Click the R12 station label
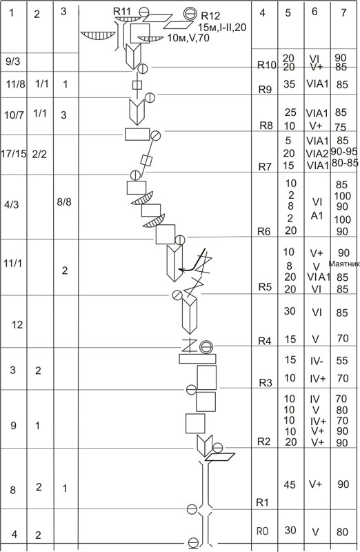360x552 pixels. coord(210,15)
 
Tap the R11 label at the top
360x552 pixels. coord(122,11)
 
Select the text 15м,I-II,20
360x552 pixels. coord(221,27)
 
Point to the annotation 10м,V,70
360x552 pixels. coord(188,38)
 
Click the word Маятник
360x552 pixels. coord(344,264)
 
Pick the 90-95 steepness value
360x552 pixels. coord(344,152)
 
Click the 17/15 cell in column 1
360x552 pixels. coord(14,154)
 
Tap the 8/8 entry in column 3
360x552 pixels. coord(64,202)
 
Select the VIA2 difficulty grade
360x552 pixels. coord(317,153)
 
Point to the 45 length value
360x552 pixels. coord(290,485)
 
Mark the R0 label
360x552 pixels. coord(263,531)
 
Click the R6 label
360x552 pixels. coord(264,231)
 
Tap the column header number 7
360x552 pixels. coord(343,13)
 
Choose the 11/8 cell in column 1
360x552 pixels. coord(16,84)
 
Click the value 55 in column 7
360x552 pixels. coord(342,361)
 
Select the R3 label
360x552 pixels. coord(266,382)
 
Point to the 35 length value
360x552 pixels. coord(289,84)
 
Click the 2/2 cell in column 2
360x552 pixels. coord(39,154)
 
